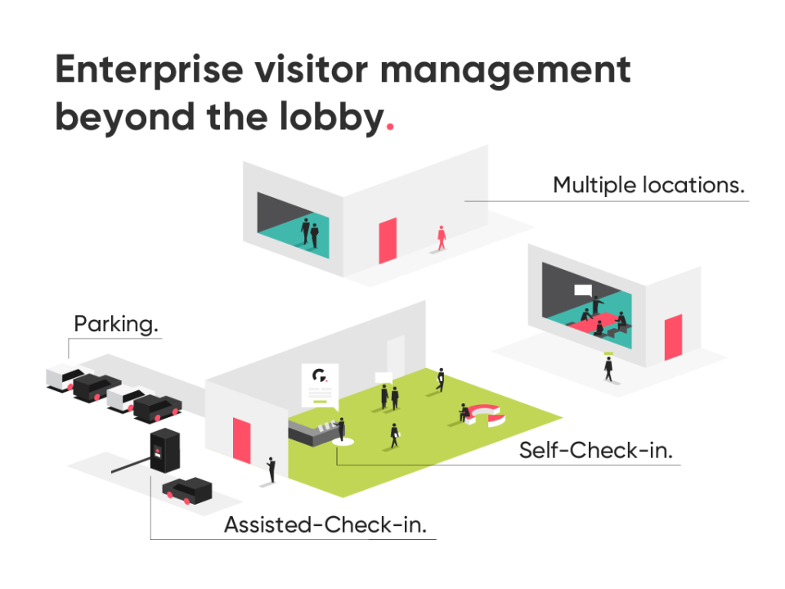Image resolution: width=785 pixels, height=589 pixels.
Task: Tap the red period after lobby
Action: click(389, 128)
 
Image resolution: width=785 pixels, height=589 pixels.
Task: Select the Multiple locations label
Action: click(649, 185)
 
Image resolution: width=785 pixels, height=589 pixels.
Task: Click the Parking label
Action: click(116, 324)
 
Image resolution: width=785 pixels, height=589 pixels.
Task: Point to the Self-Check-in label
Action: click(595, 451)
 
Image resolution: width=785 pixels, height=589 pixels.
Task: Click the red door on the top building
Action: click(388, 241)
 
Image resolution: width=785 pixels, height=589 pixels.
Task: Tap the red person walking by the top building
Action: click(442, 237)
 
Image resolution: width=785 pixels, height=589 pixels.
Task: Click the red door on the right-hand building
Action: click(673, 337)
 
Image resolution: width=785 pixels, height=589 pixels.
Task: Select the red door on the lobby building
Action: click(242, 441)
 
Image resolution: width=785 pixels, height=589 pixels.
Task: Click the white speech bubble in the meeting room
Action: click(583, 290)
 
